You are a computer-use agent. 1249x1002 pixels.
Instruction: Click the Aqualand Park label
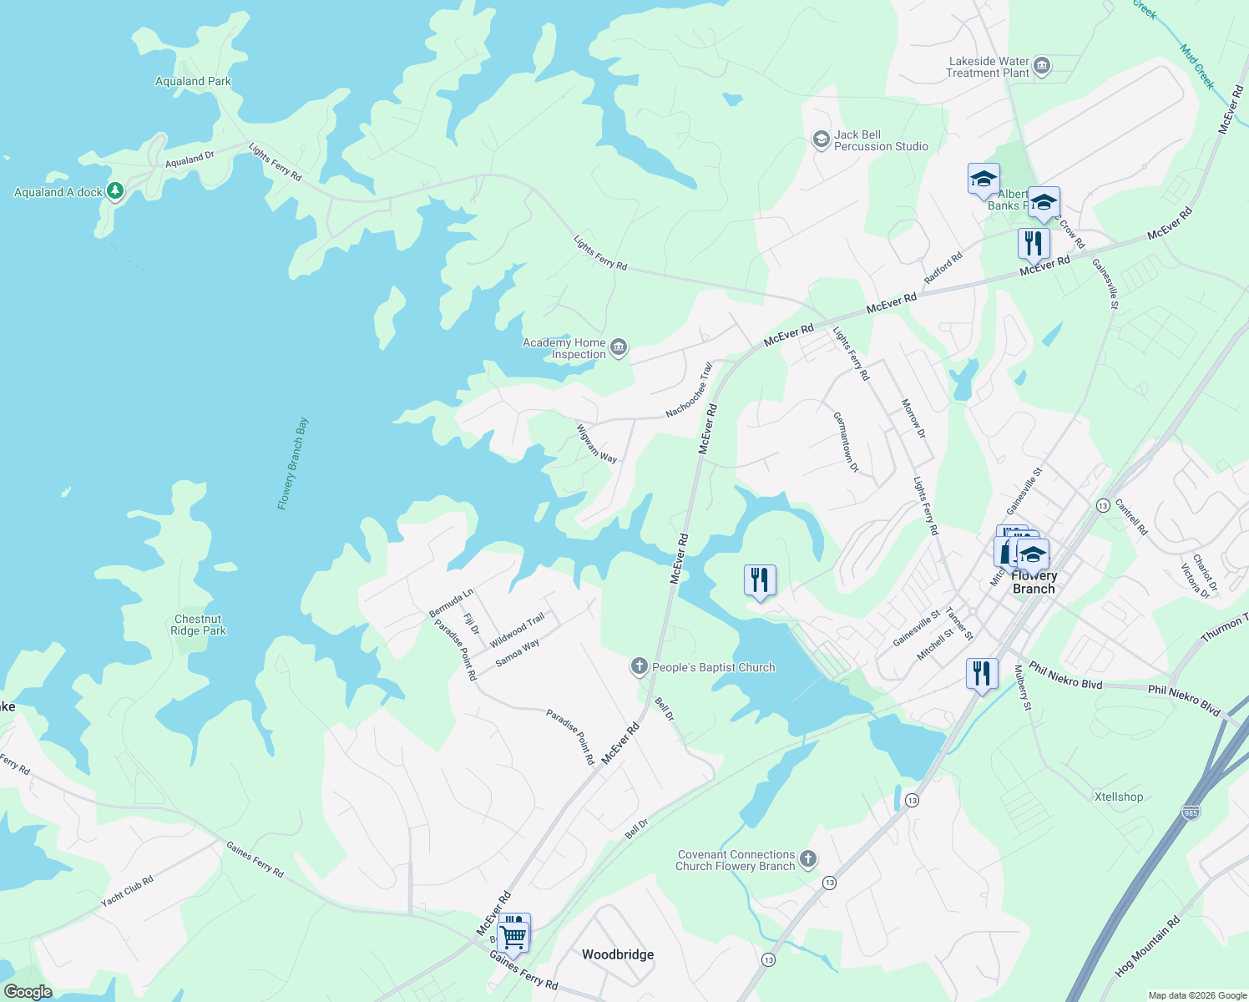coord(193,81)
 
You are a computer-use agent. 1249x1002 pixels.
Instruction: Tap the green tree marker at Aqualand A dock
coord(115,191)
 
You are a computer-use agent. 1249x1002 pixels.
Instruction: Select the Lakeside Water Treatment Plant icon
coord(1041,66)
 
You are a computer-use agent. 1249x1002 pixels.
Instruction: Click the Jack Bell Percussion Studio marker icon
coord(821,139)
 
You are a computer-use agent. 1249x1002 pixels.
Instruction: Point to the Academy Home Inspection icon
coord(618,347)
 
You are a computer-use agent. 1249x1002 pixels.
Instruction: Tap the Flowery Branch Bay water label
coord(293,463)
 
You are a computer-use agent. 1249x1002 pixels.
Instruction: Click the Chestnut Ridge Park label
coord(198,625)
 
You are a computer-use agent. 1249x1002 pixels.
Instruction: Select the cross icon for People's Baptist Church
coord(640,665)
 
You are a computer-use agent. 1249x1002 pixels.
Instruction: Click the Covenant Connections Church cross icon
coord(807,858)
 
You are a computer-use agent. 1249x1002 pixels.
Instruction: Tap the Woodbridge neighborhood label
coord(618,954)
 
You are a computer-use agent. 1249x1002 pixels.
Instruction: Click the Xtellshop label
coord(1119,797)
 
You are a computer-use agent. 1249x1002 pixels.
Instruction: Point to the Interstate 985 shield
coord(1191,812)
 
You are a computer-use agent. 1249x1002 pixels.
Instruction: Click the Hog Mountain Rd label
coord(1148,946)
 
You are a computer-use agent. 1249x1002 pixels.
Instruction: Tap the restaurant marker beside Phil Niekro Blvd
coord(982,673)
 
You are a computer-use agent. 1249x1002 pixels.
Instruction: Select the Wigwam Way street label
coord(596,443)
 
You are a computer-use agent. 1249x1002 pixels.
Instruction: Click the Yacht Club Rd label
coord(127,891)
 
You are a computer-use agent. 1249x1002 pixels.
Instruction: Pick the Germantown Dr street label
coord(846,442)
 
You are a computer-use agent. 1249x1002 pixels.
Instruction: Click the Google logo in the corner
coord(28,992)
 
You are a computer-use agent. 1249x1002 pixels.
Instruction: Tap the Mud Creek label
coord(1197,67)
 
